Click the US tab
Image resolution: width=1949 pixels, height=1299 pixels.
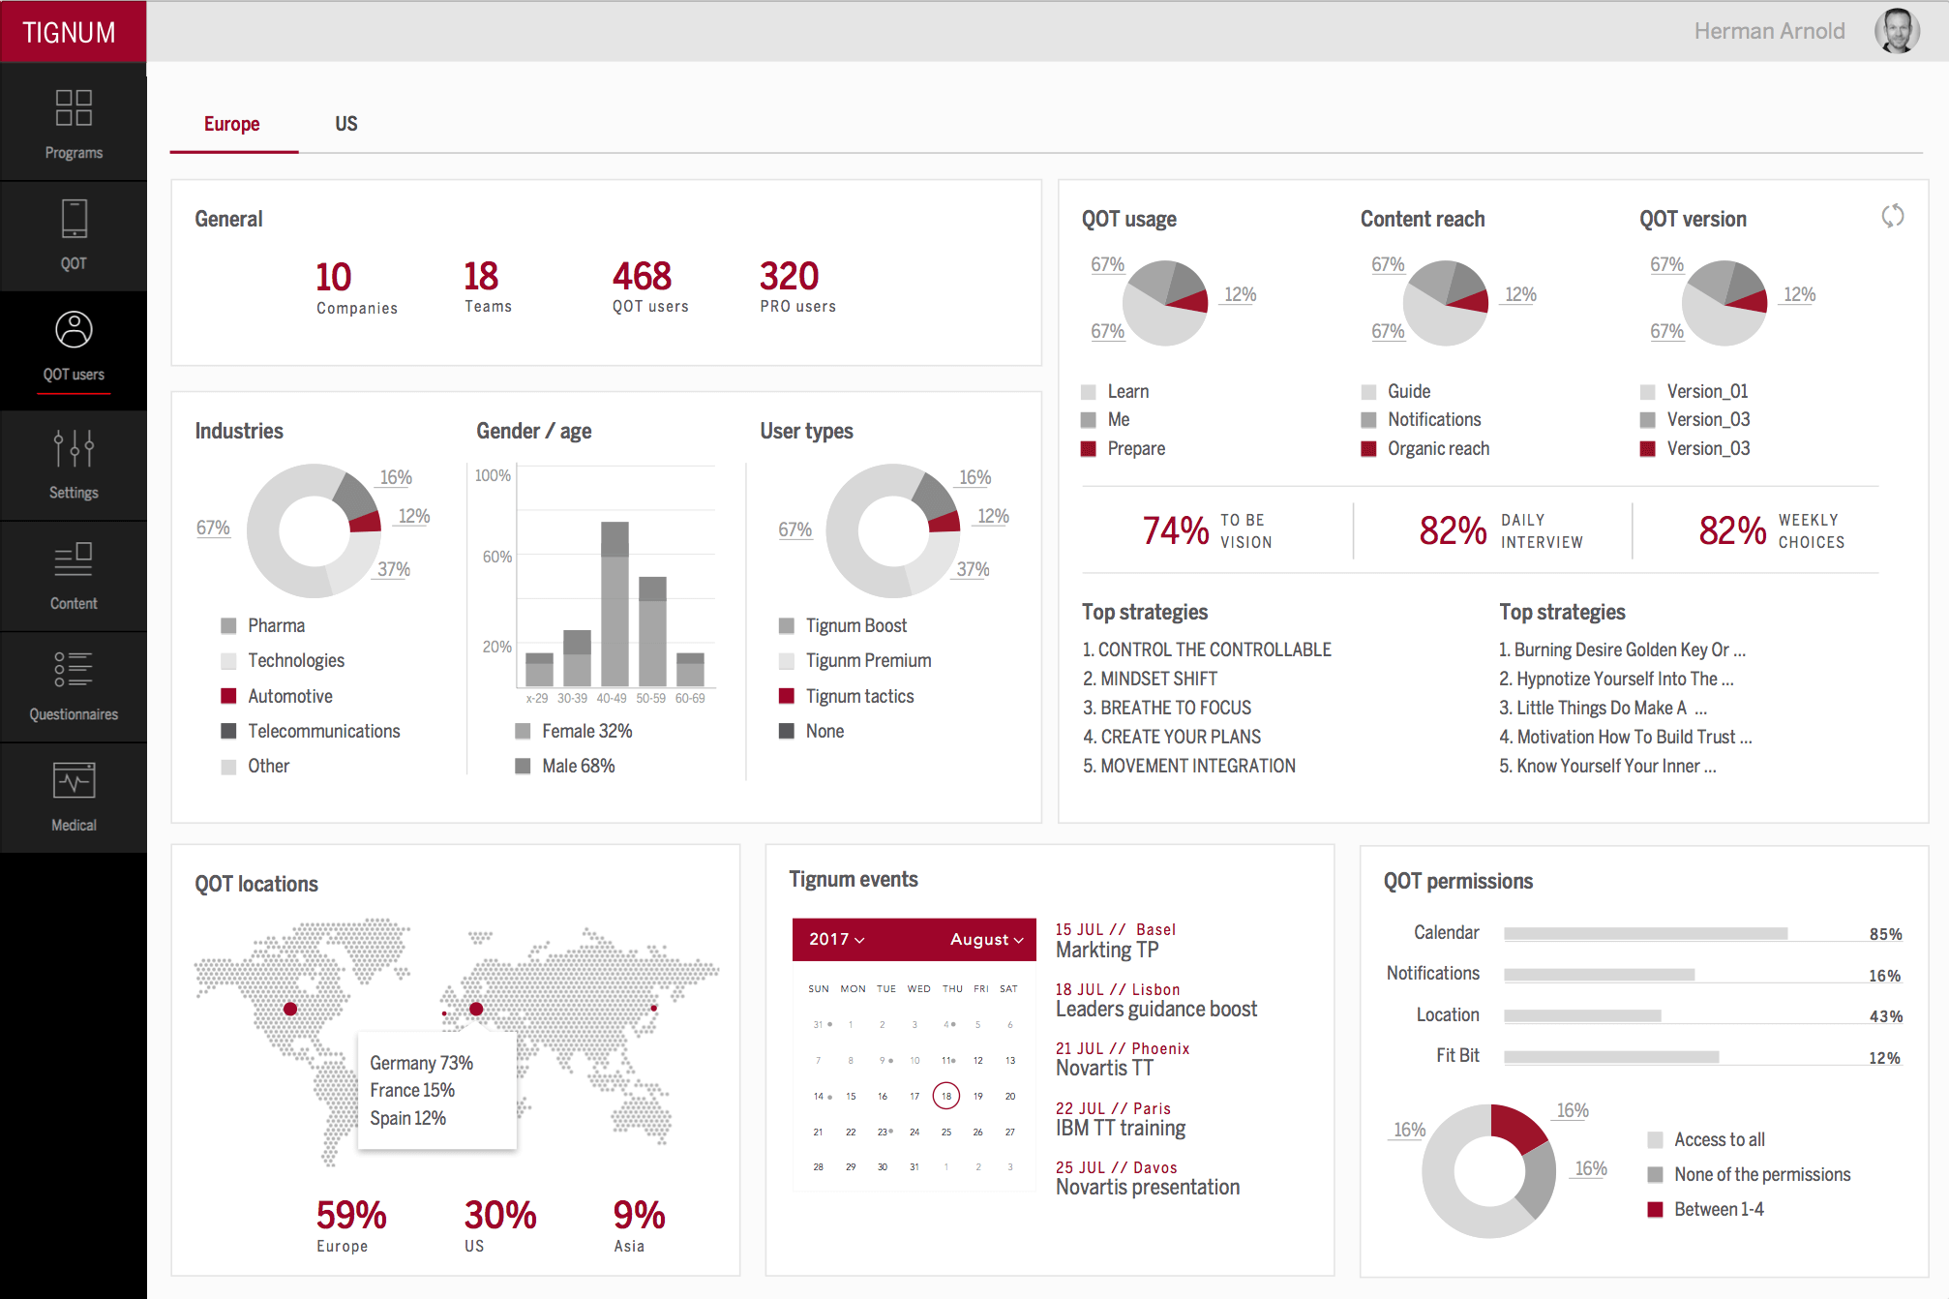(345, 124)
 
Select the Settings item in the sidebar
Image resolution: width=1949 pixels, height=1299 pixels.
(74, 466)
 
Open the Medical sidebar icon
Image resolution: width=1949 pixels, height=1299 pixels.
(74, 797)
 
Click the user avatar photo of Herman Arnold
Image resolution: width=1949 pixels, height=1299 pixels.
(1896, 31)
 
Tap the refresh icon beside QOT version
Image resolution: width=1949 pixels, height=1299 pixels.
(1892, 216)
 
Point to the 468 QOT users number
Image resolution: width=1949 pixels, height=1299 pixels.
(642, 277)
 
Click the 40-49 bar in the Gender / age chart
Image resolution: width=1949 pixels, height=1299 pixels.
(615, 604)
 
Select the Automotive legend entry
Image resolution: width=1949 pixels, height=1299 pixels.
(289, 696)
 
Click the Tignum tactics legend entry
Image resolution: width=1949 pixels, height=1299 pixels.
(858, 696)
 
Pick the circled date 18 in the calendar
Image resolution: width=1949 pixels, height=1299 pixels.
(945, 1096)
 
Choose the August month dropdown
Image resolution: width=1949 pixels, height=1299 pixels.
(986, 939)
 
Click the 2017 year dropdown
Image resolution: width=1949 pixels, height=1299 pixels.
(836, 939)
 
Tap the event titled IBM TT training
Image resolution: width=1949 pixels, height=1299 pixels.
(1120, 1128)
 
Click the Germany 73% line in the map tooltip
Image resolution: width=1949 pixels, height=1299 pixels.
(421, 1063)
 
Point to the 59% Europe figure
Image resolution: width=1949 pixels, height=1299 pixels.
(351, 1216)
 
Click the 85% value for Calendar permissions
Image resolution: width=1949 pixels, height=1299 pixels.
(1884, 934)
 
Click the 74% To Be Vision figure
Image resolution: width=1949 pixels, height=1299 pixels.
(1175, 530)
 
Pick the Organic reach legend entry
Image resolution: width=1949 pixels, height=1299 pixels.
(1437, 448)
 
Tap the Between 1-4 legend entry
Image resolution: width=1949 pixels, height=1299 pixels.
(1718, 1209)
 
